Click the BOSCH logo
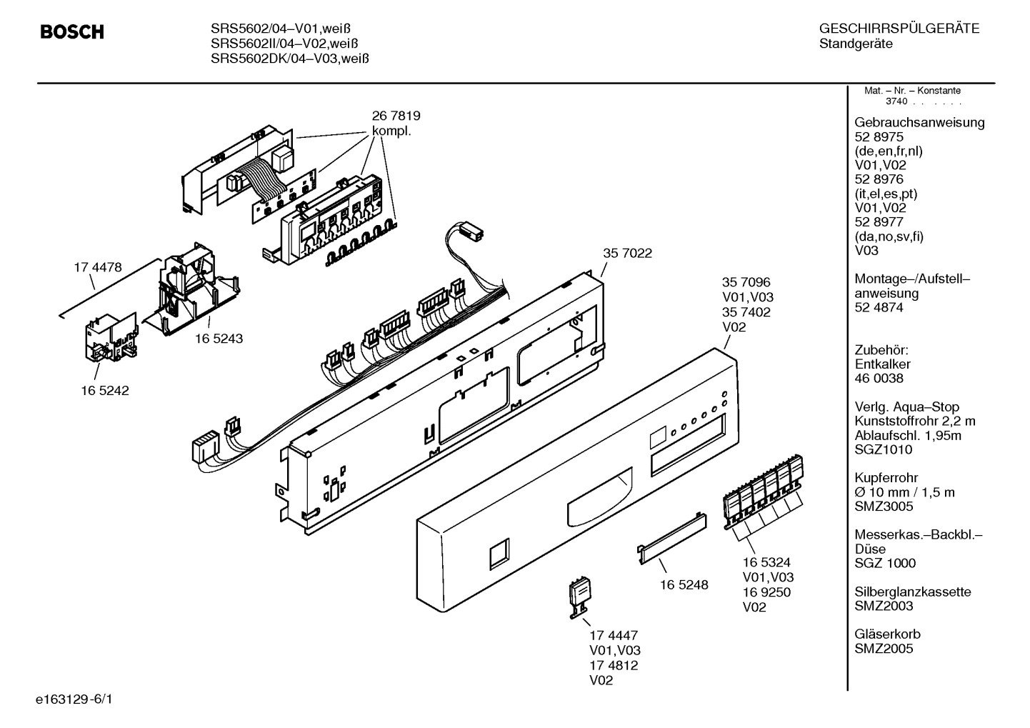coord(71,32)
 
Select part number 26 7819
coord(396,116)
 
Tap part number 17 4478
coord(98,268)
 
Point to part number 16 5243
coord(219,339)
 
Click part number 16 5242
coord(104,391)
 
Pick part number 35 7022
coord(627,253)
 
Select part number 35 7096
coord(746,283)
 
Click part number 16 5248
coord(684,584)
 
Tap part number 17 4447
coord(614,635)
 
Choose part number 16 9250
coord(766,592)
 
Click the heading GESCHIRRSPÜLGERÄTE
coord(899,29)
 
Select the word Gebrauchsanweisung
coord(919,122)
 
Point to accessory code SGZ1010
coord(883,449)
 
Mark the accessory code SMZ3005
coord(884,507)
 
